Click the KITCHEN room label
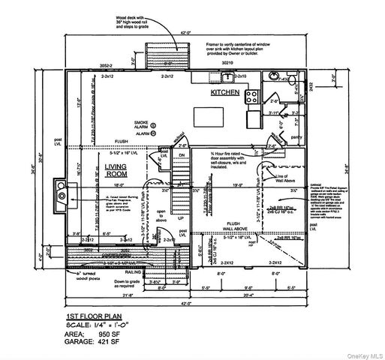[x=224, y=92]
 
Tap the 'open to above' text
[x=161, y=217]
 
